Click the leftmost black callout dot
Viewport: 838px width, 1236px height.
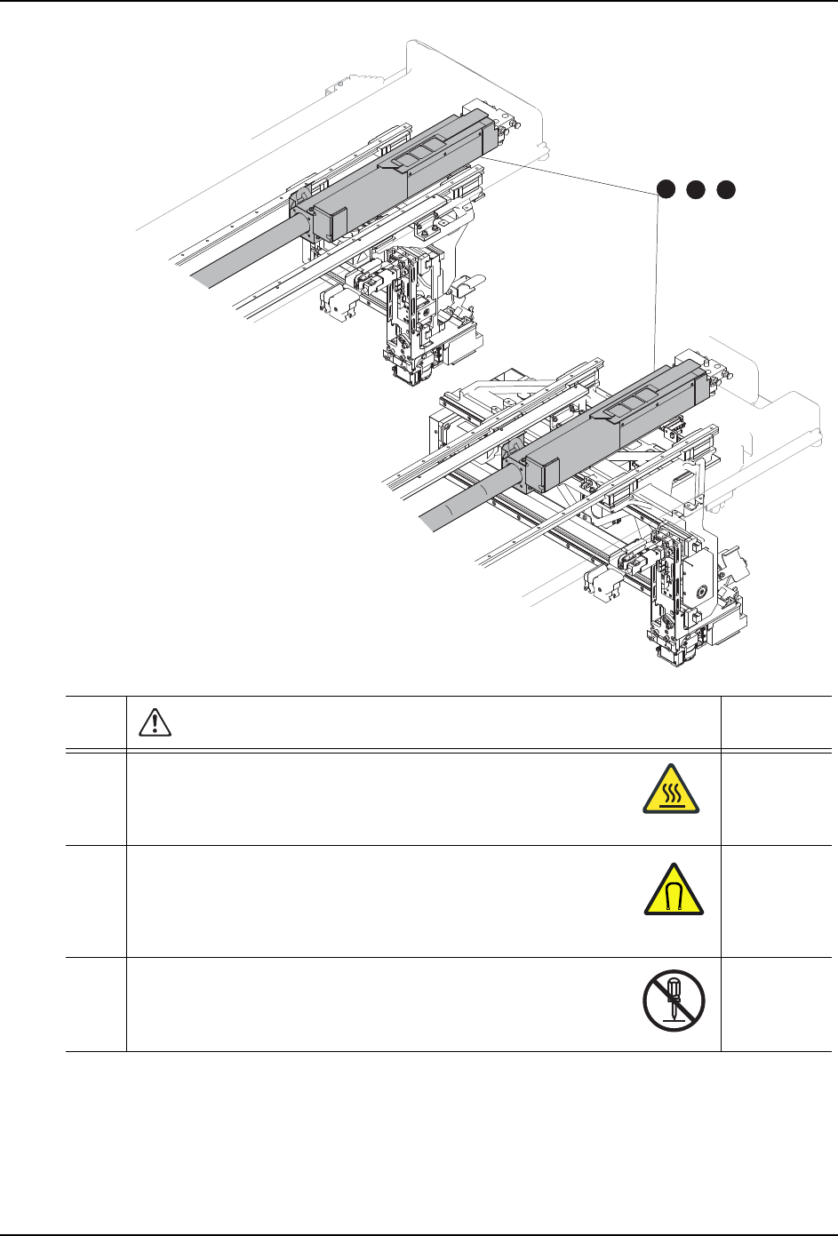[x=666, y=188]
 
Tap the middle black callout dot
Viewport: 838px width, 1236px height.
[x=697, y=188]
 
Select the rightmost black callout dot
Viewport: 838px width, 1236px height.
[x=727, y=188]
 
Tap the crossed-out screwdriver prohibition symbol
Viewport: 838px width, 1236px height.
[x=674, y=1001]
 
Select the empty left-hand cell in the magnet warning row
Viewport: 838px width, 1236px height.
[x=96, y=900]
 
